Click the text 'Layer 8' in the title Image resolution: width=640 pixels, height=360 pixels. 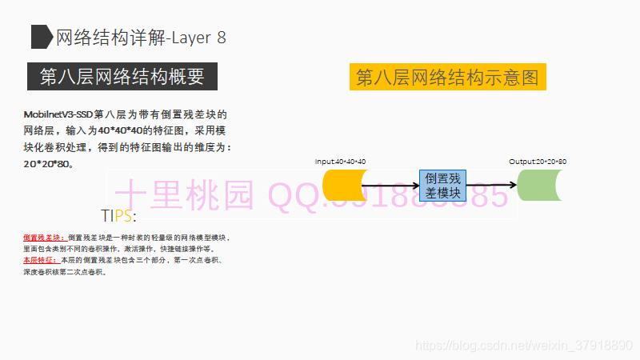[x=199, y=37]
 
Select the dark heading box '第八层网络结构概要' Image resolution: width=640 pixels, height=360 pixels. [x=122, y=77]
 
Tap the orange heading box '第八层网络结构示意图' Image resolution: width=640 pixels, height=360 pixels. [x=447, y=77]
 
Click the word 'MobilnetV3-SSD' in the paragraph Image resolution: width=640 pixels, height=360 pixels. [x=58, y=115]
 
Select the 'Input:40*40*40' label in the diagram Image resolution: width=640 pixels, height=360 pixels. [x=340, y=162]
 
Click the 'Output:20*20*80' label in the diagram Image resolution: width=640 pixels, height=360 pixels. [x=538, y=162]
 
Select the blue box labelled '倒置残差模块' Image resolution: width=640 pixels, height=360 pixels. [x=442, y=186]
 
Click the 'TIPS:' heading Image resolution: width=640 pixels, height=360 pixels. [x=118, y=216]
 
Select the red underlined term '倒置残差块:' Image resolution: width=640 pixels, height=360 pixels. [x=45, y=238]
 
